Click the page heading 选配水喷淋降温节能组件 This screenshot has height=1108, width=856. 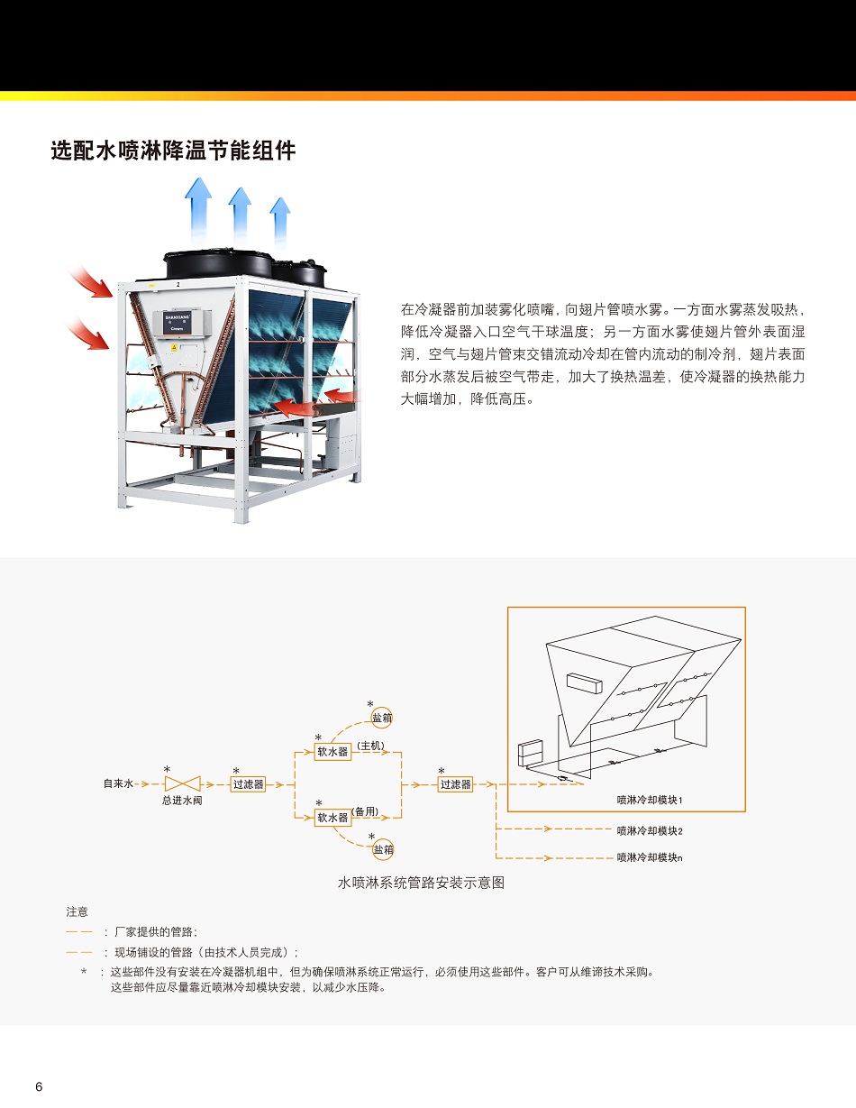(x=173, y=151)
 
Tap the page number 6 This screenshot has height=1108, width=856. (x=40, y=1086)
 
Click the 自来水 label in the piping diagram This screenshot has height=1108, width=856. (x=118, y=783)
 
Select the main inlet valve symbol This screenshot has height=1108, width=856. (x=182, y=783)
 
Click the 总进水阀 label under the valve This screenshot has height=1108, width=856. (x=182, y=801)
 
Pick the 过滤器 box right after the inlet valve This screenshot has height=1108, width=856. (x=248, y=784)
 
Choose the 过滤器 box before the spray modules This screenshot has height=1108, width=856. (x=455, y=784)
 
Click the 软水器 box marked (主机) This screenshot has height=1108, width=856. (x=332, y=752)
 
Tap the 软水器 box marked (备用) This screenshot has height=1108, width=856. (x=332, y=818)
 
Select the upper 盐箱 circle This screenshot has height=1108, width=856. (x=382, y=718)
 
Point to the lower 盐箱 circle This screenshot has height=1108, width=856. (x=383, y=849)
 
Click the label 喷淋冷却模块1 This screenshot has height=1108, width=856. (x=650, y=800)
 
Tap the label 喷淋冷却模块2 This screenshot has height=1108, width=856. (x=650, y=830)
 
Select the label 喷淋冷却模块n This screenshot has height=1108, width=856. (x=650, y=857)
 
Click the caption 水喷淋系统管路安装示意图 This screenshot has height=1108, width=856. (x=421, y=883)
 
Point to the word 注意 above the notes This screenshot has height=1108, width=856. (x=77, y=911)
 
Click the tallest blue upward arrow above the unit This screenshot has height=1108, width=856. (x=198, y=209)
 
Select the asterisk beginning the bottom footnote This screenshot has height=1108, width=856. (x=84, y=973)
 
